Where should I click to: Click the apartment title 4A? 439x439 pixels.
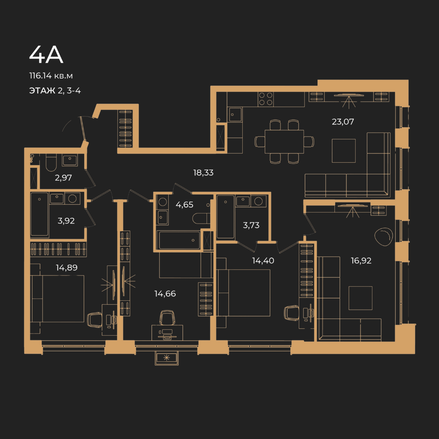[46, 54]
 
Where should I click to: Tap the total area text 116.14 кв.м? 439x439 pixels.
[51, 76]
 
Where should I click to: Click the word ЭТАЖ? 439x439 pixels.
[42, 90]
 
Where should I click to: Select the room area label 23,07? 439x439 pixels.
[343, 122]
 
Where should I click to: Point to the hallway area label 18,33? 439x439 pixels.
[203, 172]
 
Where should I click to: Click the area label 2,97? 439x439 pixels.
[63, 178]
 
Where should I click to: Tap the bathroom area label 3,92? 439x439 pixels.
[66, 221]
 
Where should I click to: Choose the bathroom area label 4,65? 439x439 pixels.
[184, 204]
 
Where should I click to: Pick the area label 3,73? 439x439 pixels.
[251, 225]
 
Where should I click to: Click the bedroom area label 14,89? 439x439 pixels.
[67, 267]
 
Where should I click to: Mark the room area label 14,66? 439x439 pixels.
[165, 293]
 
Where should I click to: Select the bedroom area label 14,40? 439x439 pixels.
[263, 261]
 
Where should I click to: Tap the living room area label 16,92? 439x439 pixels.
[361, 261]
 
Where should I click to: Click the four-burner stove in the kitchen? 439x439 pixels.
[266, 99]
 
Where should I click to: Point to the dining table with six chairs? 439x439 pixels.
[284, 141]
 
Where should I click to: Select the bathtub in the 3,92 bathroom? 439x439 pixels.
[39, 214]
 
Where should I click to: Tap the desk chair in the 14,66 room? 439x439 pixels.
[167, 317]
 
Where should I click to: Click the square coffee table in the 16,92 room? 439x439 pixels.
[360, 298]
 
